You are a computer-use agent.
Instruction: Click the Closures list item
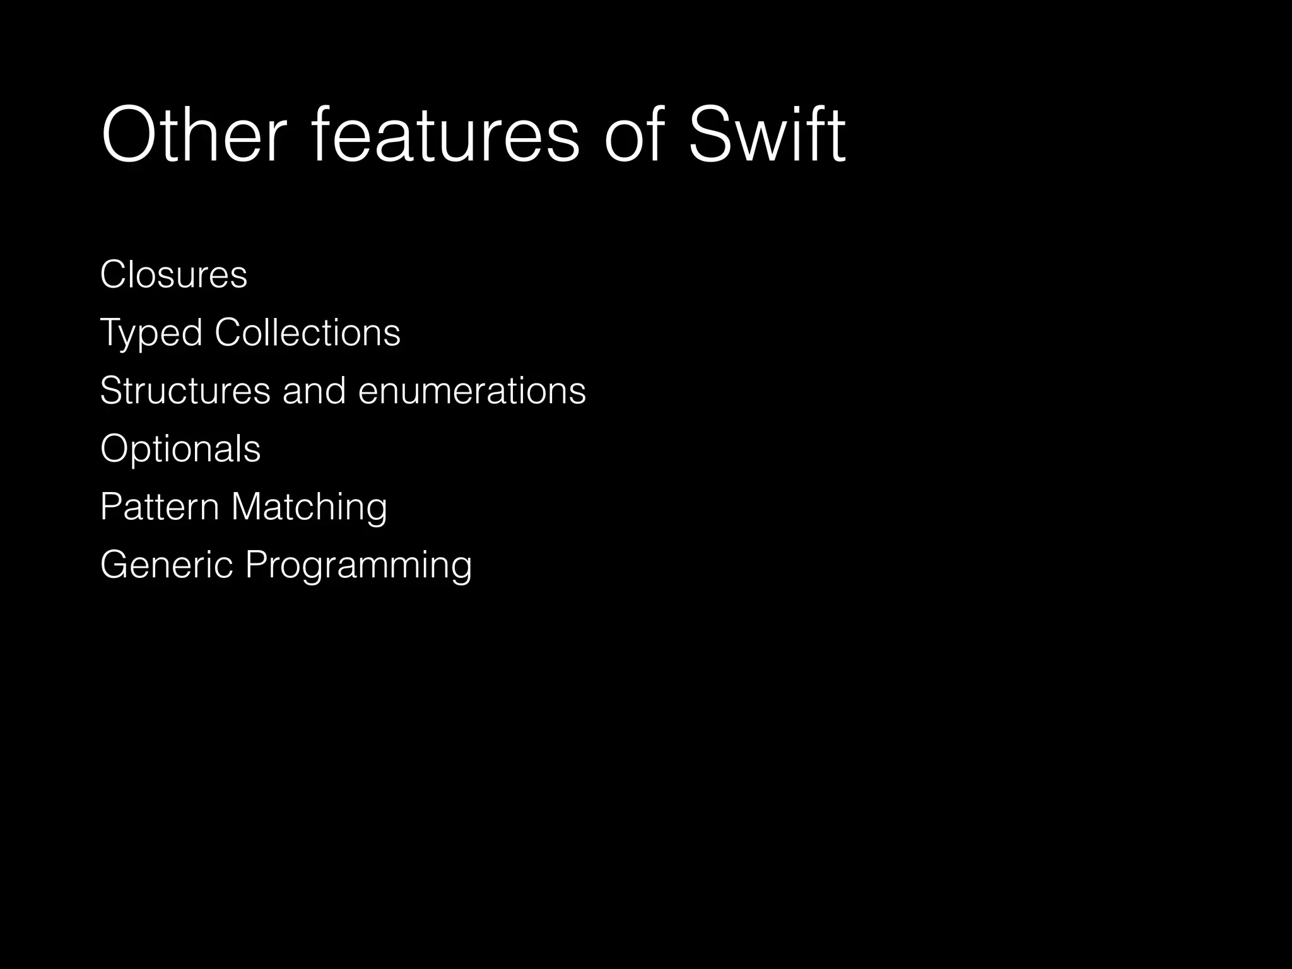coord(173,275)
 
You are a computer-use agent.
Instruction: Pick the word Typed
coord(151,333)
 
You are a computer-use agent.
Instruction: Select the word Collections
coord(307,332)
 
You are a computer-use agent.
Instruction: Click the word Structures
coord(185,391)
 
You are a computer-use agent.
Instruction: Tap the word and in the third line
coord(314,391)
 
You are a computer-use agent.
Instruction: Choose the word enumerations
coord(472,391)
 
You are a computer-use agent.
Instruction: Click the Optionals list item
coord(180,449)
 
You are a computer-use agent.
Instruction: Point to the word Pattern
coord(160,507)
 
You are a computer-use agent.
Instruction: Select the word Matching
coord(309,508)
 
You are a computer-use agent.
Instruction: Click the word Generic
coord(167,565)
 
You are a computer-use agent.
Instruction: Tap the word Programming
coord(358,566)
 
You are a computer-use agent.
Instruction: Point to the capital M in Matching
coord(245,507)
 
